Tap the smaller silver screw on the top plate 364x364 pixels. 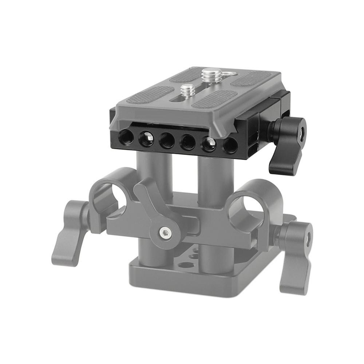[x=187, y=90]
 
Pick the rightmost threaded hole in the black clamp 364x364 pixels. [x=230, y=145]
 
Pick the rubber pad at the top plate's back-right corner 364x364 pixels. [x=251, y=77]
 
